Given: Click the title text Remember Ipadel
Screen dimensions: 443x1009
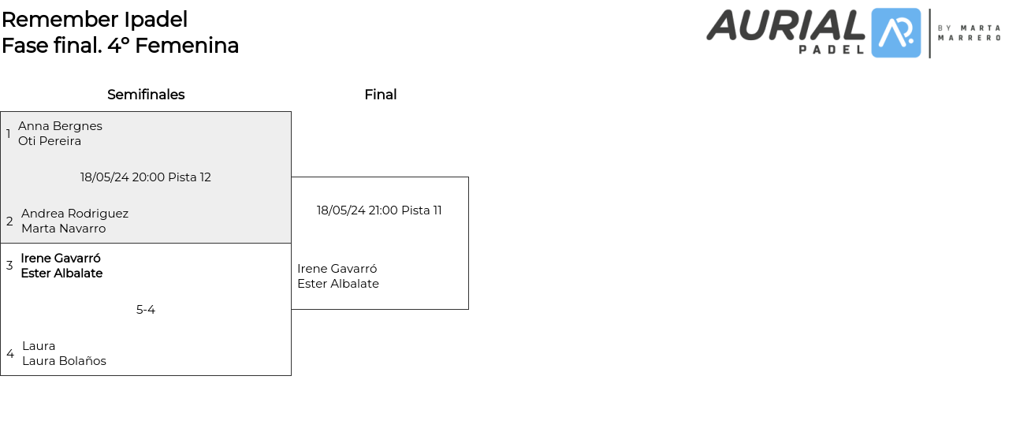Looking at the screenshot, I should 95,19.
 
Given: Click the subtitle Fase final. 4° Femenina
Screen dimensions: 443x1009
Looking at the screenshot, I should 120,46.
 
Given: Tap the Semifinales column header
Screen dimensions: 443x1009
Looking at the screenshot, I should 146,95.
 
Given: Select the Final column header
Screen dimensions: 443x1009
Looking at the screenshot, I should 380,95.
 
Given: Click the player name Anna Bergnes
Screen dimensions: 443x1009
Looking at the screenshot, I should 60,126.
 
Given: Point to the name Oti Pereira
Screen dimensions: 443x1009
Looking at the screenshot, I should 50,141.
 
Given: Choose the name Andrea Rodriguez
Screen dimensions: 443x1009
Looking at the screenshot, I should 75,214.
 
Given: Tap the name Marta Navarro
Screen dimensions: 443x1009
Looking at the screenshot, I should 63,229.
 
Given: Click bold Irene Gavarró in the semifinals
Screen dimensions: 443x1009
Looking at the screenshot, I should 61,259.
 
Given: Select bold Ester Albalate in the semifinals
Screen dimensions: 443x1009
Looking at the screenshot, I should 61,274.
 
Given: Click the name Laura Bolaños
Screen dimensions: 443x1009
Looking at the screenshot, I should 64,361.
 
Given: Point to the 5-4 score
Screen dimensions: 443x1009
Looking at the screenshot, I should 146,310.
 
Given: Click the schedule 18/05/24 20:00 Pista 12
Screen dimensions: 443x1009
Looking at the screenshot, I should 146,177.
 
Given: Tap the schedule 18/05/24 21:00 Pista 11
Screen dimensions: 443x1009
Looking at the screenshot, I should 379,210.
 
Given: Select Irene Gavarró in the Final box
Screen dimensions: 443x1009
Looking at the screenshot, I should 337,269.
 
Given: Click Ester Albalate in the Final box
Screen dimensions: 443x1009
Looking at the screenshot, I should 338,284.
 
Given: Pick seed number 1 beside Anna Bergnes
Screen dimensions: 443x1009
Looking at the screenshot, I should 9,134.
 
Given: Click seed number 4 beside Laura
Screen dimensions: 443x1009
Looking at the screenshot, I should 10,354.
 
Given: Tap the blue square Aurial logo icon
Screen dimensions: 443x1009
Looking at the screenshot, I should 896,33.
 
